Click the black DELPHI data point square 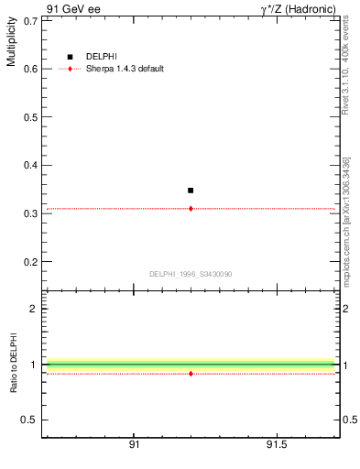point(191,191)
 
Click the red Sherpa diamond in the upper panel point(191,209)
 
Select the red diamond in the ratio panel point(191,374)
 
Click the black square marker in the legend point(70,57)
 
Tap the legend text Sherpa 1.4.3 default point(125,69)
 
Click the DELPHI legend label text point(102,57)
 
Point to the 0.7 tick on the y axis point(30,20)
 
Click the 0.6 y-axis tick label point(30,69)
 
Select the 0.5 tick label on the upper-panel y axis point(30,117)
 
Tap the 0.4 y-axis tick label point(30,165)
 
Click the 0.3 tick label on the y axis point(30,213)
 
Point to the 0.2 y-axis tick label point(30,262)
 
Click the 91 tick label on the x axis point(134,445)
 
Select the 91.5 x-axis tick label point(276,445)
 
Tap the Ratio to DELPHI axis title point(11,362)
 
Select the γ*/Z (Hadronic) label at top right point(299,8)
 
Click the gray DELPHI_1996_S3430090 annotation point(191,274)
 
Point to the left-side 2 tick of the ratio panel point(34,309)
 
